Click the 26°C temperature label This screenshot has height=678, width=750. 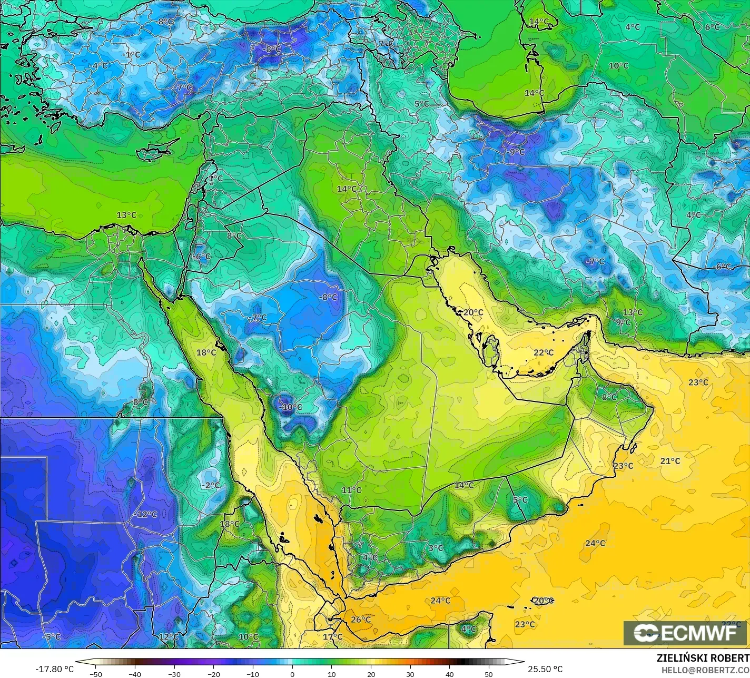(361, 620)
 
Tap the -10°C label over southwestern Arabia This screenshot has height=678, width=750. (290, 407)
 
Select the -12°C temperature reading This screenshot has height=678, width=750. (145, 514)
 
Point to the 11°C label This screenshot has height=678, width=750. (351, 490)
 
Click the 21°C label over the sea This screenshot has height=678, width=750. (670, 461)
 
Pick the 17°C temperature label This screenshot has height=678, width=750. (332, 636)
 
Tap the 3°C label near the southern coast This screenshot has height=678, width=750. (436, 548)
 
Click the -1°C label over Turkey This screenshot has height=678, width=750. (131, 54)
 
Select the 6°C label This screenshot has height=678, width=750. (712, 27)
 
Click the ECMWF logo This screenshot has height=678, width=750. (685, 633)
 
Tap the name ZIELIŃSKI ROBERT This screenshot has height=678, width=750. (703, 658)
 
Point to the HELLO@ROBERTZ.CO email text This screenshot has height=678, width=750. (706, 669)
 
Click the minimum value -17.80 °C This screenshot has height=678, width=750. (55, 669)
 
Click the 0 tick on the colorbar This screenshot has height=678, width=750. (292, 674)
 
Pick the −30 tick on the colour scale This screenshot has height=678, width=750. (174, 674)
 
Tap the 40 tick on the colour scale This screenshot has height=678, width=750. (449, 674)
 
